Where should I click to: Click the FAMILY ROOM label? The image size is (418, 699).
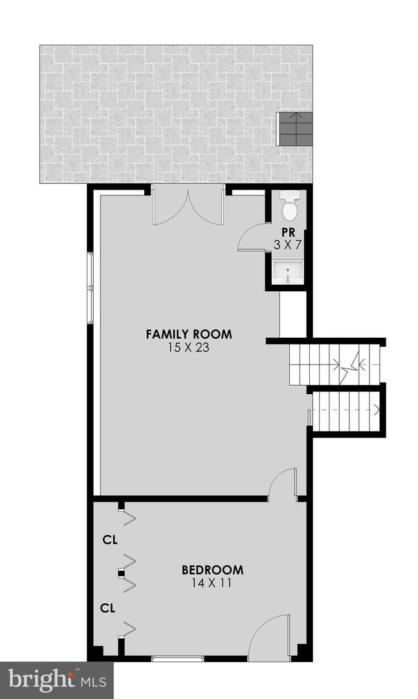tap(188, 335)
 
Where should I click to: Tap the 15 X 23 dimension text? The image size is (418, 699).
tap(188, 348)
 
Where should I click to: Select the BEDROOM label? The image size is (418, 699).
tap(212, 570)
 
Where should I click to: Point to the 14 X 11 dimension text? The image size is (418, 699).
tap(212, 583)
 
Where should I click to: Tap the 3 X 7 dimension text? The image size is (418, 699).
tap(288, 244)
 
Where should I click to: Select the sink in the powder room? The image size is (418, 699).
tap(287, 272)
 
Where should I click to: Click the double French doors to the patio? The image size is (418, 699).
tap(188, 206)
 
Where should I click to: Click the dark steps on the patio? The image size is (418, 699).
tap(295, 129)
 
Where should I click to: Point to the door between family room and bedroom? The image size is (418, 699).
tap(283, 485)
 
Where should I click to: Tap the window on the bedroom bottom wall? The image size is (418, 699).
tap(177, 658)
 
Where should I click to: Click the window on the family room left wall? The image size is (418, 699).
tap(91, 288)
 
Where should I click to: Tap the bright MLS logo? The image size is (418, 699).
tap(56, 680)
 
